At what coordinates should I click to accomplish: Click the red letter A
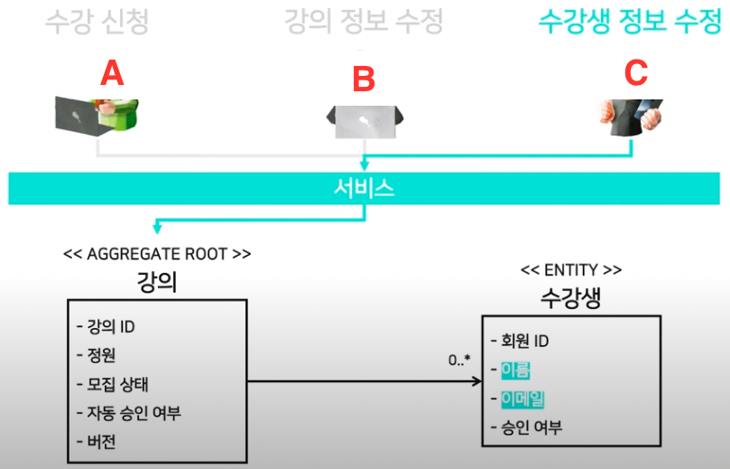[111, 72]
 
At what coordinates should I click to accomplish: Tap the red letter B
[363, 80]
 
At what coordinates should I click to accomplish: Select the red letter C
[636, 72]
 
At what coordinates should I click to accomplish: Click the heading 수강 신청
[96, 22]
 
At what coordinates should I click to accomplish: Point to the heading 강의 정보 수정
[364, 22]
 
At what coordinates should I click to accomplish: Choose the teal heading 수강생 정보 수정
[629, 22]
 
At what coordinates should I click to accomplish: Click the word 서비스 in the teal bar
[364, 190]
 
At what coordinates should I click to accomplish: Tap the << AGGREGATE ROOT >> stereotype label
[157, 253]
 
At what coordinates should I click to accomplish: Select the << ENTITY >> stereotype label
[570, 269]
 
